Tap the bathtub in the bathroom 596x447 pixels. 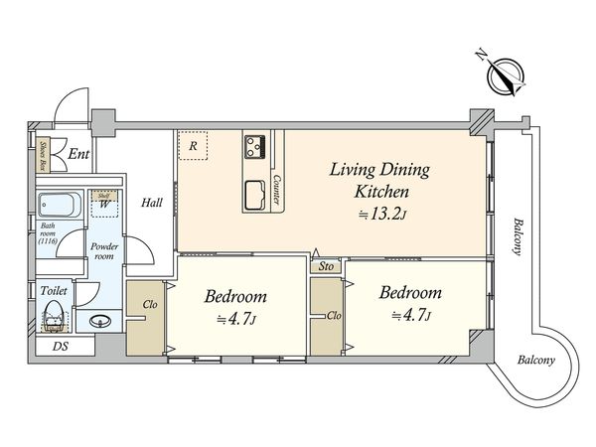tap(60, 205)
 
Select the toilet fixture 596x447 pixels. tap(54, 317)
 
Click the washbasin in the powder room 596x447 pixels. tap(100, 321)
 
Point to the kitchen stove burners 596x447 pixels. tap(255, 147)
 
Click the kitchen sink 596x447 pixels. tap(255, 195)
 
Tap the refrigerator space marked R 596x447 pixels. tap(193, 146)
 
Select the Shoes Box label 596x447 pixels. tap(44, 156)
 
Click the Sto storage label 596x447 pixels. tap(326, 266)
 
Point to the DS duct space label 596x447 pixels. tap(61, 347)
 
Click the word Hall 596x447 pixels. tap(152, 203)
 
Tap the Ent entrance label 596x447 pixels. tap(78, 154)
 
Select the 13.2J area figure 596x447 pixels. tap(383, 215)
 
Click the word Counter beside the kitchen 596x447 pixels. tap(277, 190)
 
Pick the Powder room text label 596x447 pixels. tap(104, 251)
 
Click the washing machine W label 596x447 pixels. tap(104, 204)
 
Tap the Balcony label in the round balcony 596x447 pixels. tap(536, 360)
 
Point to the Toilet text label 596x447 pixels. tap(54, 291)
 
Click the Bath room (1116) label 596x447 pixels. tap(48, 233)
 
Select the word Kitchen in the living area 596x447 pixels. tap(381, 191)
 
